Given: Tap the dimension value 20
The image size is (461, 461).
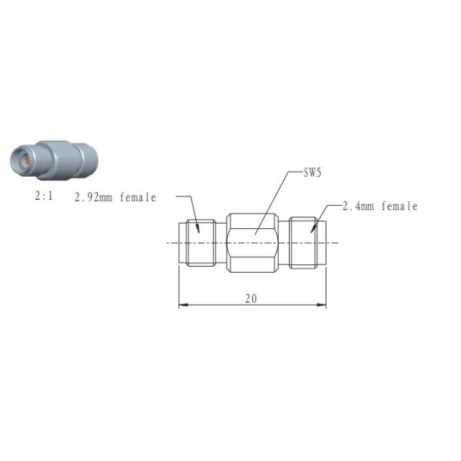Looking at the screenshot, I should point(251,298).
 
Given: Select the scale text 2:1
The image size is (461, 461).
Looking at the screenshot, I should point(45,197).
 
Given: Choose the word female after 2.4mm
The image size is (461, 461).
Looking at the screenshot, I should point(400,206).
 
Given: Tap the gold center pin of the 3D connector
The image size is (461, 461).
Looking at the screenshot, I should point(22,161).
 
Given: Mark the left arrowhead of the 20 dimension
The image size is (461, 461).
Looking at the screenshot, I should point(182,305).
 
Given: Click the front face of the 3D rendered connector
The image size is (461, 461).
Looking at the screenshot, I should point(23,161).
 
